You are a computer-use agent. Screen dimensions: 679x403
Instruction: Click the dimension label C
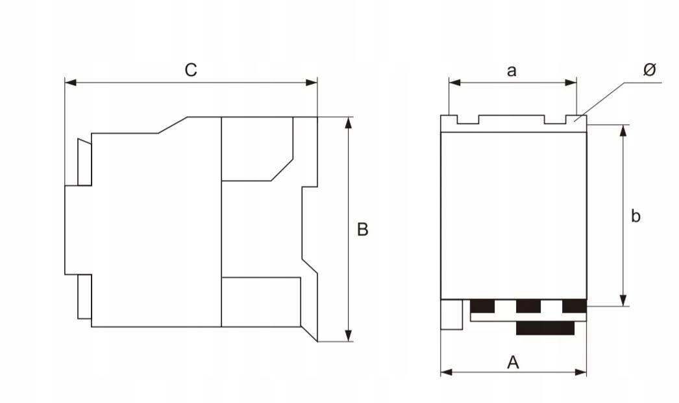coord(191,70)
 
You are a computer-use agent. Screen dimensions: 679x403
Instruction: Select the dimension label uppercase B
coord(362,229)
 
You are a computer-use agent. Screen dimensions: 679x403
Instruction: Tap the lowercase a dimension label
coord(512,70)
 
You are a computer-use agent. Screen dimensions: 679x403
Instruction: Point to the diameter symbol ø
coord(650,69)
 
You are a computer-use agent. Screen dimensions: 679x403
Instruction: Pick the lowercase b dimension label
coord(636,216)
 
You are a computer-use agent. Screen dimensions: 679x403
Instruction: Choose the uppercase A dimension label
coord(513,362)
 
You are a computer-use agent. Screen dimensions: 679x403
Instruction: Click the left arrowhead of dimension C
coord(71,83)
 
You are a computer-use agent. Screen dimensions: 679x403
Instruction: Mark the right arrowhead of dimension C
coord(312,83)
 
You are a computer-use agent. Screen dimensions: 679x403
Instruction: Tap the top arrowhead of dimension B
coord(349,123)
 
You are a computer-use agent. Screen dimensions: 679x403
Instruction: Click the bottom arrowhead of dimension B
coord(349,335)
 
